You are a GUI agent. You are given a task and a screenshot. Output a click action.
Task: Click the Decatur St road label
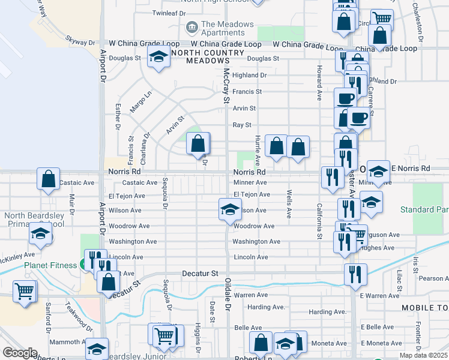[200, 273]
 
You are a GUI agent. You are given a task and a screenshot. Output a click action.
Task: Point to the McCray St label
[226, 83]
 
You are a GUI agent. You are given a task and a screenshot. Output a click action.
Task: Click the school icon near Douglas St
[158, 58]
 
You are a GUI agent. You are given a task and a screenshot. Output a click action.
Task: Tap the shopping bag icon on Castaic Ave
[48, 179]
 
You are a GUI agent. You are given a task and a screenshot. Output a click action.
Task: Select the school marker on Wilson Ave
[228, 209]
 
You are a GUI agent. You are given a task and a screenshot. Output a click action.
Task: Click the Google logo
[20, 353]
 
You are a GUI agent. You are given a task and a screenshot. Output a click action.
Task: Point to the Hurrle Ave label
[258, 150]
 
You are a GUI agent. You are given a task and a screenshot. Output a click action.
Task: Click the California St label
[319, 221]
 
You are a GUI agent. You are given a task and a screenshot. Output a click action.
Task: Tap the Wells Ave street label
[289, 204]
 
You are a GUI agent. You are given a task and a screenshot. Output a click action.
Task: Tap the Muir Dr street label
[71, 205]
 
